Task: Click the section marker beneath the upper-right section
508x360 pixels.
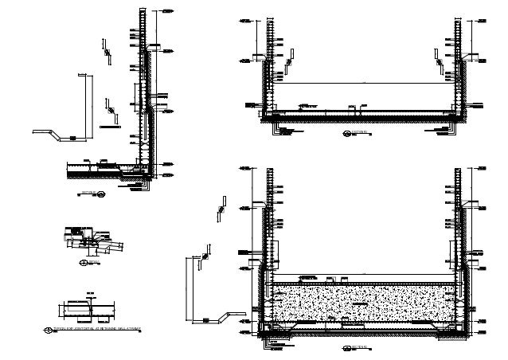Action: click(347, 134)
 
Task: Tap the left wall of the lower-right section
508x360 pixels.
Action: click(270, 239)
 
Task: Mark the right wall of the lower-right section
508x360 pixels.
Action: click(460, 239)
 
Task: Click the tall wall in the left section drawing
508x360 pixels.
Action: click(143, 88)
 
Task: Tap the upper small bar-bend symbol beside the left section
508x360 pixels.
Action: click(104, 48)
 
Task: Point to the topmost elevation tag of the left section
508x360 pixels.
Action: click(169, 12)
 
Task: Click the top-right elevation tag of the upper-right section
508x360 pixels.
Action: click(487, 20)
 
